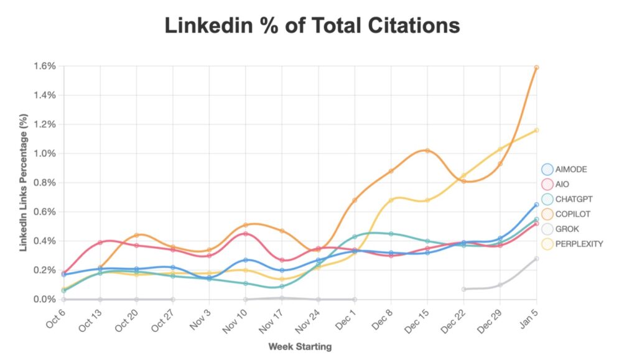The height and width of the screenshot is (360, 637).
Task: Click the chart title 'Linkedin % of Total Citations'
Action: point(312,25)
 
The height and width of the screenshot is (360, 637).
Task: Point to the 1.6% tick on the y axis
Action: point(46,66)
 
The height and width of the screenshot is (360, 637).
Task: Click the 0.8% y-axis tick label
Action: point(46,183)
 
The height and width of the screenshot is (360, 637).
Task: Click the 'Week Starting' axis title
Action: point(300,346)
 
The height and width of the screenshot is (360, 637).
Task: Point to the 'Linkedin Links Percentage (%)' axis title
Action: point(24,182)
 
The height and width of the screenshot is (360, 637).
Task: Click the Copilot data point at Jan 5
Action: point(536,67)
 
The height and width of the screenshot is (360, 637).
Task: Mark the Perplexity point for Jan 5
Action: point(536,130)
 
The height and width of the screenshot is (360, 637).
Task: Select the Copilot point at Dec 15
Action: point(427,150)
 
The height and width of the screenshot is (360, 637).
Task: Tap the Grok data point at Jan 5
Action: point(536,259)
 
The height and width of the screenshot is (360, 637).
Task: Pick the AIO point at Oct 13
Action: point(100,242)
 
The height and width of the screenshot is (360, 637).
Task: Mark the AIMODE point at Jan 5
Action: point(536,205)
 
